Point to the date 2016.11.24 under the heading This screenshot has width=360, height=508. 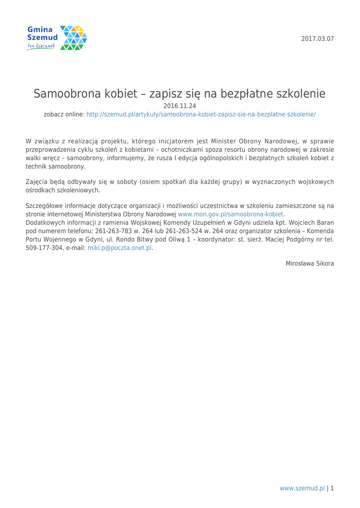tap(180, 106)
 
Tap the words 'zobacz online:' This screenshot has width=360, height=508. tap(64, 114)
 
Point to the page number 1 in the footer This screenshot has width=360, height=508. tap(332, 488)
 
